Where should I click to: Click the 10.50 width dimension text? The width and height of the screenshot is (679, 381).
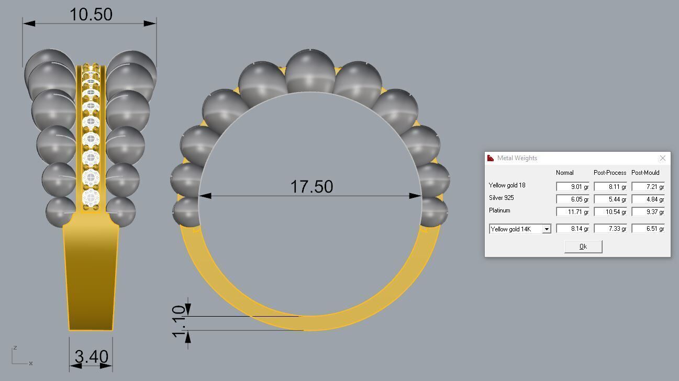91,15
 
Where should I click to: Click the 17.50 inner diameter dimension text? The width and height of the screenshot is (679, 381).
311,186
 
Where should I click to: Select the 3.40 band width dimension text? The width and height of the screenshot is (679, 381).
91,357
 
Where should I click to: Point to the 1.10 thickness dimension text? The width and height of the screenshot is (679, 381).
180,322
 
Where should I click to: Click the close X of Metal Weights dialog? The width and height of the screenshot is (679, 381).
662,158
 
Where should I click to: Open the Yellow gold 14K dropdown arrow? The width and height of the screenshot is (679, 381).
547,229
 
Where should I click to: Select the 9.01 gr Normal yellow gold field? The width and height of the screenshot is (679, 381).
572,187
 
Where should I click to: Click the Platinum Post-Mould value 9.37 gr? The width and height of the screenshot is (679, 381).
648,212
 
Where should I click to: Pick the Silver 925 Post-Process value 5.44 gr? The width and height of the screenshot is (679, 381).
610,199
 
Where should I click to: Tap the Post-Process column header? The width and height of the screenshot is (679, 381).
609,173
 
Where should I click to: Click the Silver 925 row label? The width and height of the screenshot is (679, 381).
502,198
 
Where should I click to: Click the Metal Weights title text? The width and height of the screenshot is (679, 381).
517,158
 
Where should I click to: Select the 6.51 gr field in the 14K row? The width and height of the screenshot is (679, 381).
648,229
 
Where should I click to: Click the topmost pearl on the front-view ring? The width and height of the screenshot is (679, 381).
310,71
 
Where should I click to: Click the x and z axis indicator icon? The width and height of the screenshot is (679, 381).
21,356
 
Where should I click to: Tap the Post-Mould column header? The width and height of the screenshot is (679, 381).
645,173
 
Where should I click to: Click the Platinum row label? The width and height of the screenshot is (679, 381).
499,210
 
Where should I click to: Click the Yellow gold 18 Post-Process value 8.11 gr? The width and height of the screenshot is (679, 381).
610,187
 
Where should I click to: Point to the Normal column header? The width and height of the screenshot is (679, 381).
564,173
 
